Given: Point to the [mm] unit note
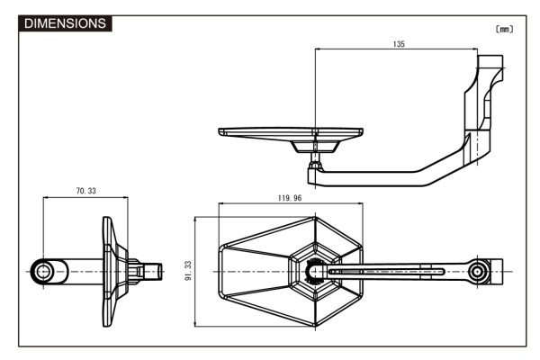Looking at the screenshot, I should click(x=504, y=29).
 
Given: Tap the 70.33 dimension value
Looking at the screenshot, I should click(x=86, y=192).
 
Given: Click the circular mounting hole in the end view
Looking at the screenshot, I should click(x=43, y=271).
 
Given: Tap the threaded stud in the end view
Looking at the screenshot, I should click(x=152, y=271).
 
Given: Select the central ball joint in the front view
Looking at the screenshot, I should click(x=315, y=271).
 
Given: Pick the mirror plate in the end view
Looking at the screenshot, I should click(x=112, y=271).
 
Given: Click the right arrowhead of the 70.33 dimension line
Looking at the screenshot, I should click(x=125, y=199).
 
